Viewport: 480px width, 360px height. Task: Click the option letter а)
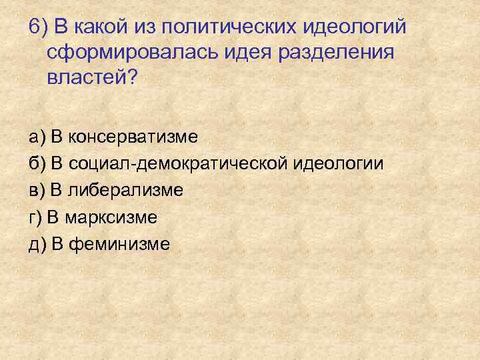[37, 137]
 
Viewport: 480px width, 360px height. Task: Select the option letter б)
[37, 164]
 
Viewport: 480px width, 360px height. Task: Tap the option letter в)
[37, 191]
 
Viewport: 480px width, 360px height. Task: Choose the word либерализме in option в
[126, 191]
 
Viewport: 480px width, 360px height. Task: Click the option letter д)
[37, 244]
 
